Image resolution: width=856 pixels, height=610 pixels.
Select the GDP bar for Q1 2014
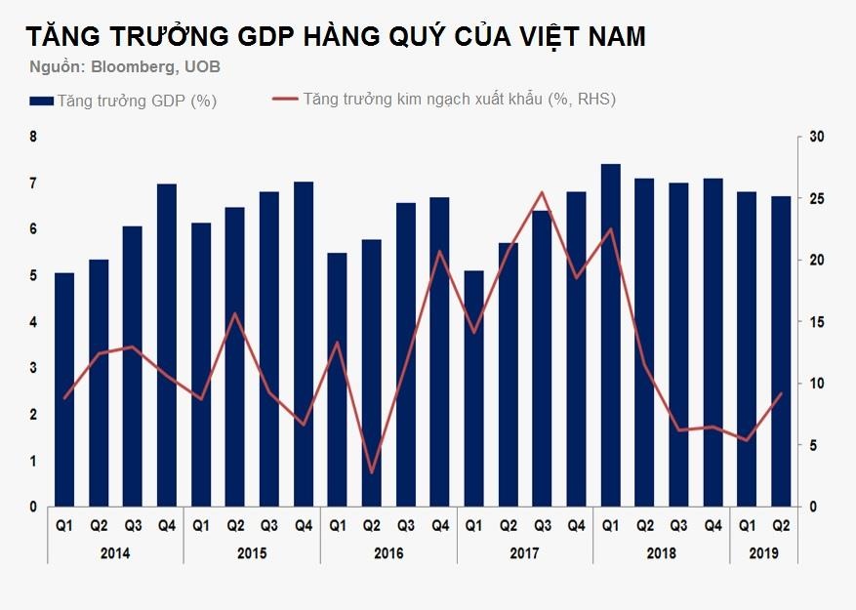click(64, 389)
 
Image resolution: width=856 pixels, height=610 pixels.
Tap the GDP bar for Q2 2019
click(781, 351)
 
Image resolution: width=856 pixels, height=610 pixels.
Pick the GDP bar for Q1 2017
click(474, 388)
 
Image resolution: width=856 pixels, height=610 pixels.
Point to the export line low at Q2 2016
click(372, 472)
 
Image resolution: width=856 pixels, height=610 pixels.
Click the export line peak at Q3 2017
click(542, 192)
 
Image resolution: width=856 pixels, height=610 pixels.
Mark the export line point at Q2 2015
click(235, 313)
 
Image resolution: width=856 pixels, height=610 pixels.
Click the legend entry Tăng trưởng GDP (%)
click(123, 101)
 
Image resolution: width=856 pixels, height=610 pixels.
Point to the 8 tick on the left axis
click(33, 137)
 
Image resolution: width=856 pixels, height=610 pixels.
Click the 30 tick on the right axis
click(817, 137)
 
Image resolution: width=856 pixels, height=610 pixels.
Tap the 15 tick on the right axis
click(817, 322)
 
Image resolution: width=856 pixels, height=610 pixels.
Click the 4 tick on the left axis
click(33, 322)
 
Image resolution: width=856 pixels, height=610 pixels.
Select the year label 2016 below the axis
click(388, 552)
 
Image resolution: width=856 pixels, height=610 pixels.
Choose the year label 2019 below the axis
click(763, 552)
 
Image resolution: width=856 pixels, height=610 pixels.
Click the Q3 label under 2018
click(678, 526)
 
